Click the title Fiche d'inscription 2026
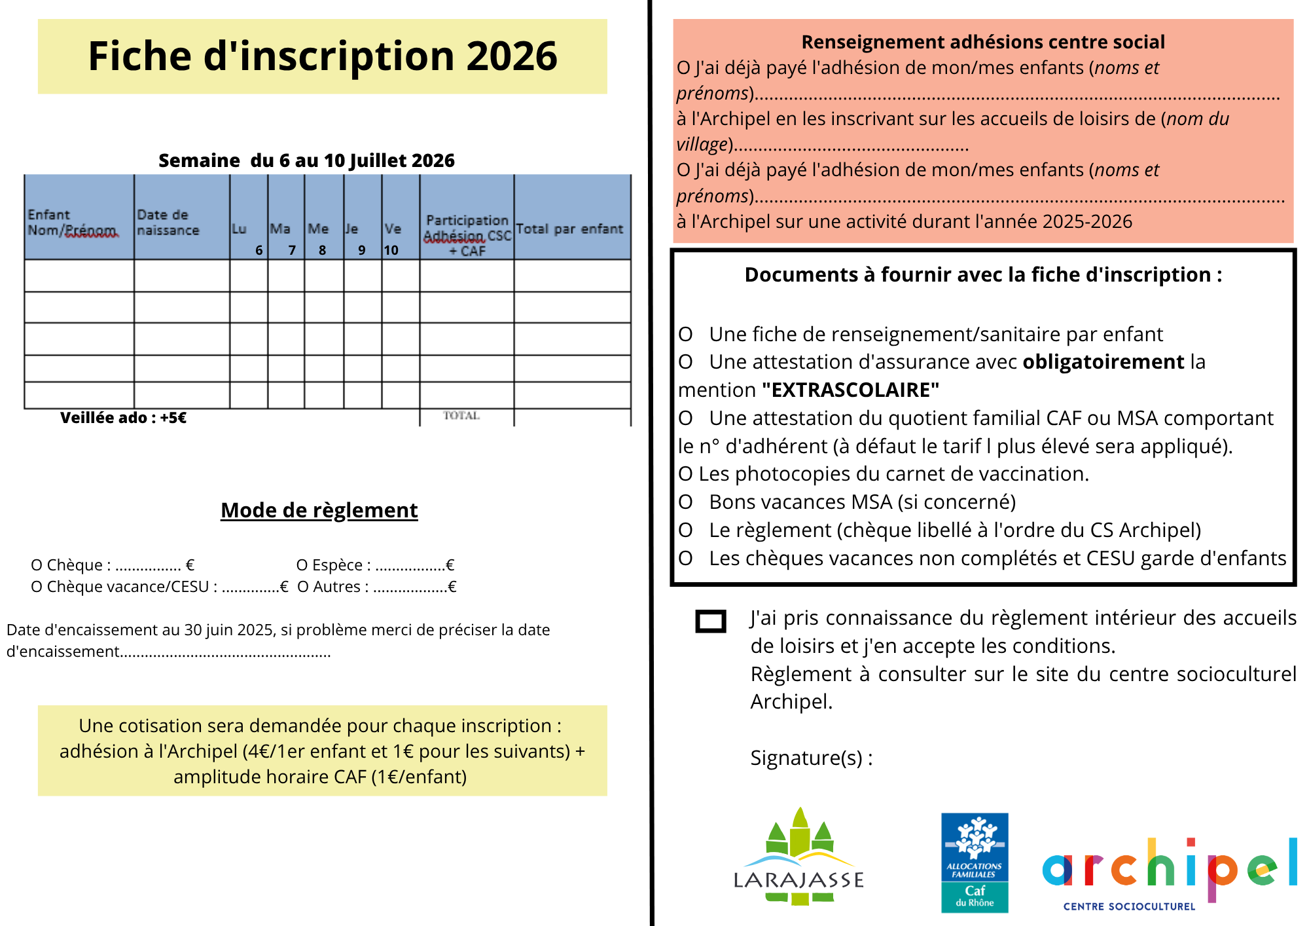(322, 56)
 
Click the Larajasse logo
(798, 858)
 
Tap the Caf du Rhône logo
(975, 862)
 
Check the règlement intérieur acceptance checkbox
(711, 621)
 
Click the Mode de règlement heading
(319, 510)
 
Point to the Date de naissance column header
(168, 223)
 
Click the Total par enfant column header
(569, 229)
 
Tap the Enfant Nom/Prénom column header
(73, 223)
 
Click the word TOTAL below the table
(461, 415)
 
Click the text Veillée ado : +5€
(123, 418)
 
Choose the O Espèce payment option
(374, 565)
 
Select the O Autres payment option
(376, 587)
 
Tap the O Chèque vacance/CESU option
(159, 587)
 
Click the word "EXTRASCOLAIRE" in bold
(850, 390)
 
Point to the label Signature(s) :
(811, 758)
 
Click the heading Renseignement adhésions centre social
(983, 42)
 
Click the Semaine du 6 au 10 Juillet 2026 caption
(306, 160)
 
